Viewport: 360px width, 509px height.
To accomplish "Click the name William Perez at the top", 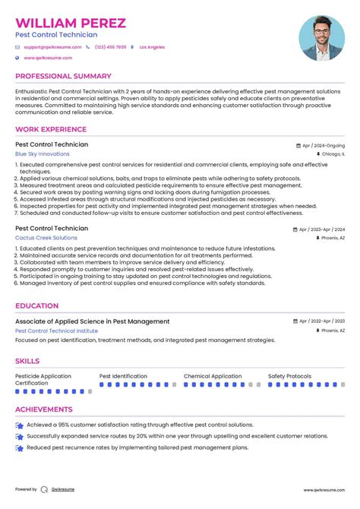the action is point(71,23).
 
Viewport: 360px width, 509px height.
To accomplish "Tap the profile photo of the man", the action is point(322,39).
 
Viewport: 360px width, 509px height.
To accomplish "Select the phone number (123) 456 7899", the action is point(110,47).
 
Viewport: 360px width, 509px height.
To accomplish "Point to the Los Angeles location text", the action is point(152,47).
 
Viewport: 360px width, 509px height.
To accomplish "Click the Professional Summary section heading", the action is point(63,76).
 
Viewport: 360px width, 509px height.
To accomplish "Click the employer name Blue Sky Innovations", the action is point(42,153).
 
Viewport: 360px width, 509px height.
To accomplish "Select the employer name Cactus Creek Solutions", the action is point(46,238).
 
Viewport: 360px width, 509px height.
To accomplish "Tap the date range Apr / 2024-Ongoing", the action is point(323,145).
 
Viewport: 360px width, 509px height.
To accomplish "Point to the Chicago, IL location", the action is point(333,153).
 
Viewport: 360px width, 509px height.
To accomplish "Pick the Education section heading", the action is point(37,305).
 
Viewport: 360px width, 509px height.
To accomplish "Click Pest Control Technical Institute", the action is point(56,330).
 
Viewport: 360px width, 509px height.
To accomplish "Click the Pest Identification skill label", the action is point(123,376).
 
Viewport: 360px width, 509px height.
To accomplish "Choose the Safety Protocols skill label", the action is point(289,376).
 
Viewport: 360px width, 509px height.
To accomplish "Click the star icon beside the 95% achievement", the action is point(19,426).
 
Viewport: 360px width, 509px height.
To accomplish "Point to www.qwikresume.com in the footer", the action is point(324,489).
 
